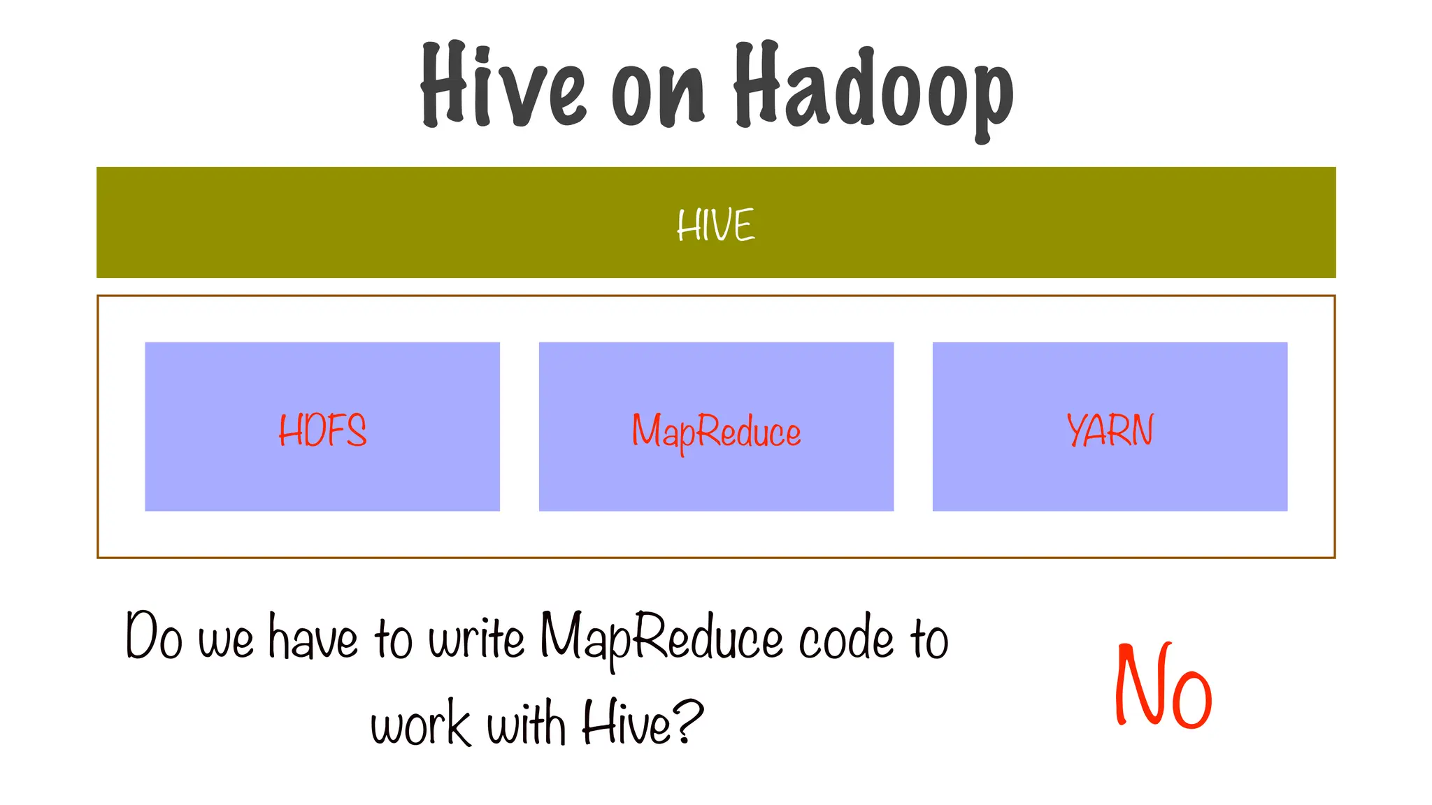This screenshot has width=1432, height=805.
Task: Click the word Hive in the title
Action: pos(502,85)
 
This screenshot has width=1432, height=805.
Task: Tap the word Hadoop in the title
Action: pos(873,87)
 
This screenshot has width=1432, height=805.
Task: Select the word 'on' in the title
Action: pos(658,94)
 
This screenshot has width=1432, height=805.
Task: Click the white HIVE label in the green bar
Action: pos(715,225)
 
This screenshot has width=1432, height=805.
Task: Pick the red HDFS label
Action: pos(322,430)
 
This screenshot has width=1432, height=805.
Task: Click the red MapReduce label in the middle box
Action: pos(716,432)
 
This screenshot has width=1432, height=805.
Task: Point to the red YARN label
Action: pos(1110,430)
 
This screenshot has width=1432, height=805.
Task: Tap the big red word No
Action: pos(1162,687)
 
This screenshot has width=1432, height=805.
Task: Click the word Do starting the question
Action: pos(154,636)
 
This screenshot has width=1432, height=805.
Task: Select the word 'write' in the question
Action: pos(476,637)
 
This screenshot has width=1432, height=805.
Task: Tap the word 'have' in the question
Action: pos(313,637)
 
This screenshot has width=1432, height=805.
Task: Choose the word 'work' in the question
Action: pos(420,725)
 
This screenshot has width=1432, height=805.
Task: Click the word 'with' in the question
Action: pos(526,723)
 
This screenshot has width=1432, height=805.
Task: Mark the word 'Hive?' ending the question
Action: pos(642,723)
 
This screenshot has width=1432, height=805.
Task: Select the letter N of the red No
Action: pos(1138,685)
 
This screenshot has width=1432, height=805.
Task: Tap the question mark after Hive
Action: pos(689,722)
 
